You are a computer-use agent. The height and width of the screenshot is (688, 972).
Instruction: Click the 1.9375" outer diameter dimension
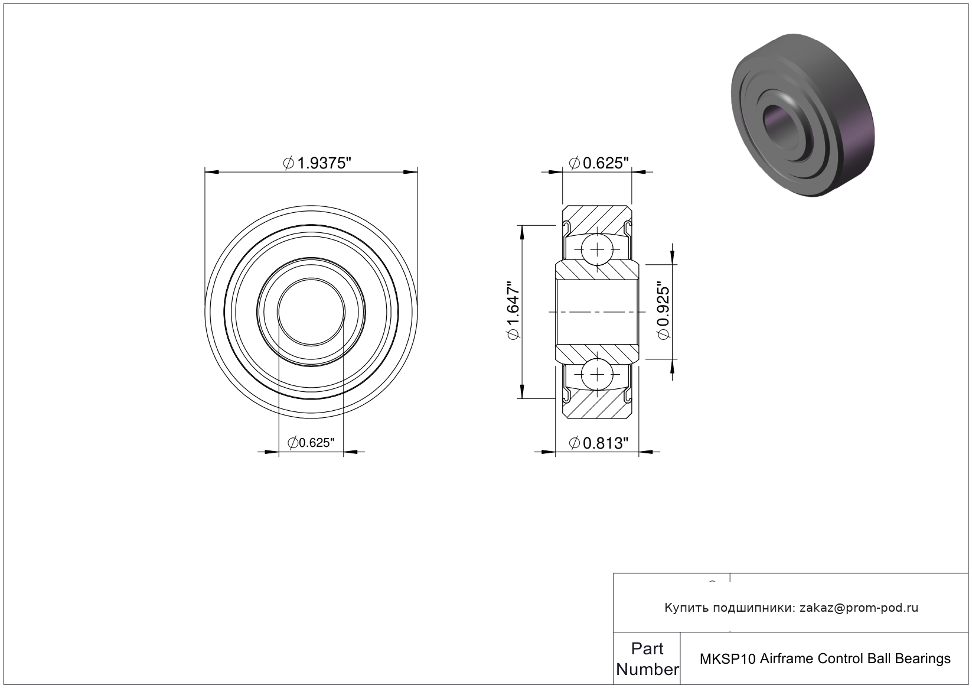(x=317, y=163)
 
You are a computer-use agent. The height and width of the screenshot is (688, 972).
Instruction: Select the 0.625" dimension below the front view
(x=311, y=443)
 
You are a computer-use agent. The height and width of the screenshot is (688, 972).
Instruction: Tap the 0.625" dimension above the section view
(x=599, y=163)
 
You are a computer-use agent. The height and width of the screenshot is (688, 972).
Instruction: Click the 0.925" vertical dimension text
(x=664, y=311)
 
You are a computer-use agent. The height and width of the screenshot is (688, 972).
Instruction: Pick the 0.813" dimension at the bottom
(x=599, y=443)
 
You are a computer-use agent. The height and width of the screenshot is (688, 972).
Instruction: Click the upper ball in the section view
(x=598, y=249)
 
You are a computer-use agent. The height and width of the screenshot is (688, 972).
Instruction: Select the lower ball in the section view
(x=598, y=374)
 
